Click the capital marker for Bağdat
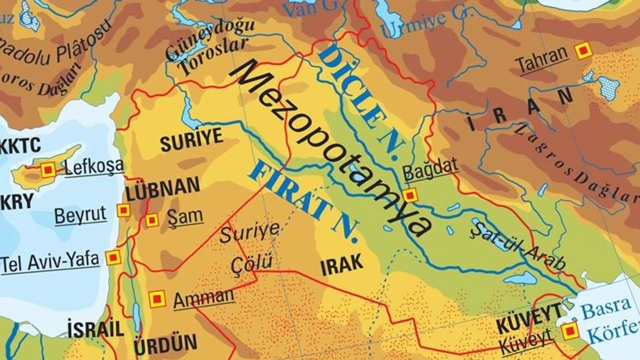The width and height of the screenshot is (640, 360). pos(410,195)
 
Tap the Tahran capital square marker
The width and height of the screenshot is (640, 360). pos(583,50)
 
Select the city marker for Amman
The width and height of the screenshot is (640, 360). pos(157,299)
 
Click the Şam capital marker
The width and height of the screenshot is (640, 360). pos(152,219)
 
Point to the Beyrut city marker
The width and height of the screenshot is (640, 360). pos(123,210)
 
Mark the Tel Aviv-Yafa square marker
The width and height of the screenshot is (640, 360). pos(113,257)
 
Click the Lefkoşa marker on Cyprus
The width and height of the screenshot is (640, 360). pos(48,170)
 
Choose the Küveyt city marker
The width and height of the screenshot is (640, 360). pos(569,331)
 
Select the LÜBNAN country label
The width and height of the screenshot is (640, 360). pos(162,188)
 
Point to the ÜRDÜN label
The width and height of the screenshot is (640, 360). pos(165,345)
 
